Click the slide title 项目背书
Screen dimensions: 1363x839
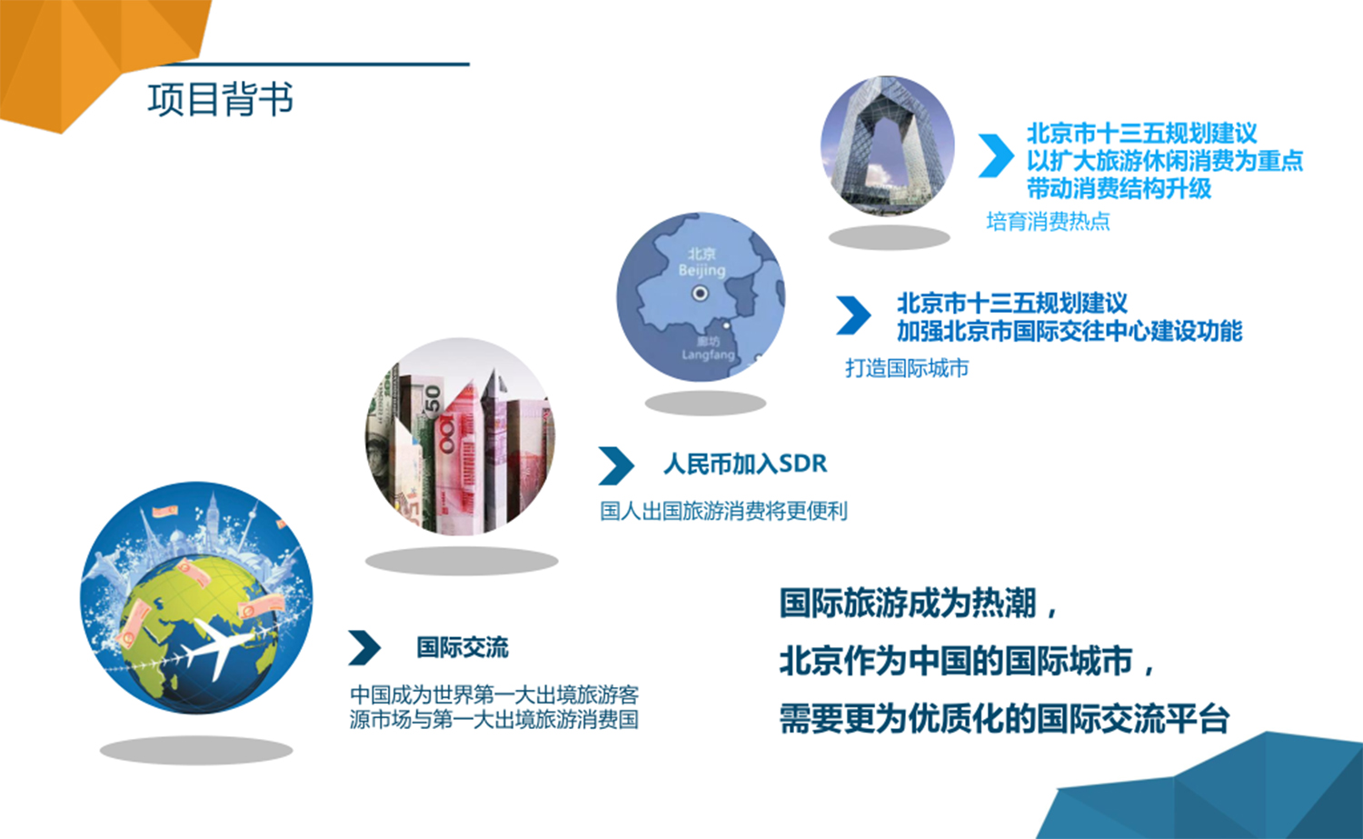tap(220, 99)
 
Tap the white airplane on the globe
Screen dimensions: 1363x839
tap(218, 648)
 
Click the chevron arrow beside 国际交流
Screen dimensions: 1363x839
tap(364, 648)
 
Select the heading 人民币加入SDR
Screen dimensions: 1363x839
tap(745, 464)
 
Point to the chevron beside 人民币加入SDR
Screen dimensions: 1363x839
tap(616, 465)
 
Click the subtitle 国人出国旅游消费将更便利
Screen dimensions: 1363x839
tap(723, 511)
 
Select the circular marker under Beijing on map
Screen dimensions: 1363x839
tap(701, 294)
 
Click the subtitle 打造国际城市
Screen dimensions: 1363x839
tap(907, 368)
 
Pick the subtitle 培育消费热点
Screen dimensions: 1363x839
tap(1048, 221)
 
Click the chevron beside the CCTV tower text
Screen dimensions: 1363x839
tap(996, 155)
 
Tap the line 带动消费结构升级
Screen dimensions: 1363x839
tap(1119, 188)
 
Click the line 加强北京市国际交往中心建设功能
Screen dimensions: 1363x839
tap(1070, 331)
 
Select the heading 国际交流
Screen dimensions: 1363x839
tap(463, 648)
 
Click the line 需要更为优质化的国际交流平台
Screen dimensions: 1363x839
tap(1004, 718)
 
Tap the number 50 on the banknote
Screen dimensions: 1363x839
tap(432, 399)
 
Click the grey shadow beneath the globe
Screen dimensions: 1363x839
tap(196, 750)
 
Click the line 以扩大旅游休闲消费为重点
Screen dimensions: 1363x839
tap(1165, 161)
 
